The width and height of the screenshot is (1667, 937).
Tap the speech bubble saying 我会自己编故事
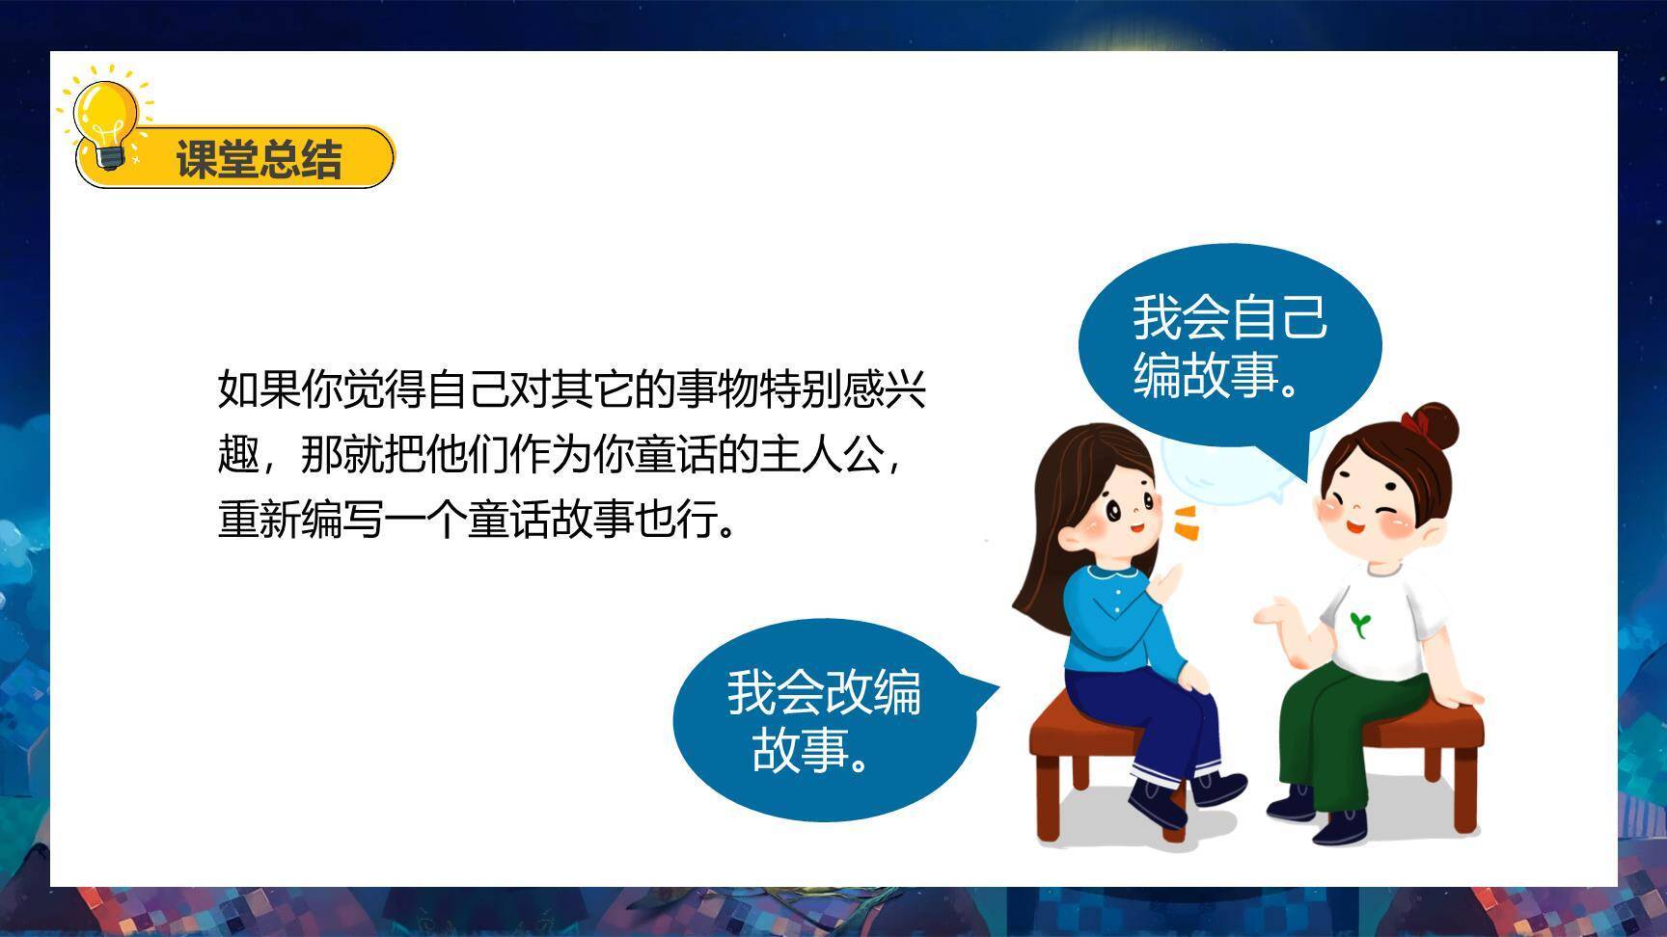click(x=1229, y=343)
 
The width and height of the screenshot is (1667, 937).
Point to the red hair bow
click(x=1416, y=421)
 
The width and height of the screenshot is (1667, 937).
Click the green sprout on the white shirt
click(x=1360, y=623)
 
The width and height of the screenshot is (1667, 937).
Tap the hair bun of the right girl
click(x=1437, y=424)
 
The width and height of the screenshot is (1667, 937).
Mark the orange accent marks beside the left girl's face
click(x=1186, y=521)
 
